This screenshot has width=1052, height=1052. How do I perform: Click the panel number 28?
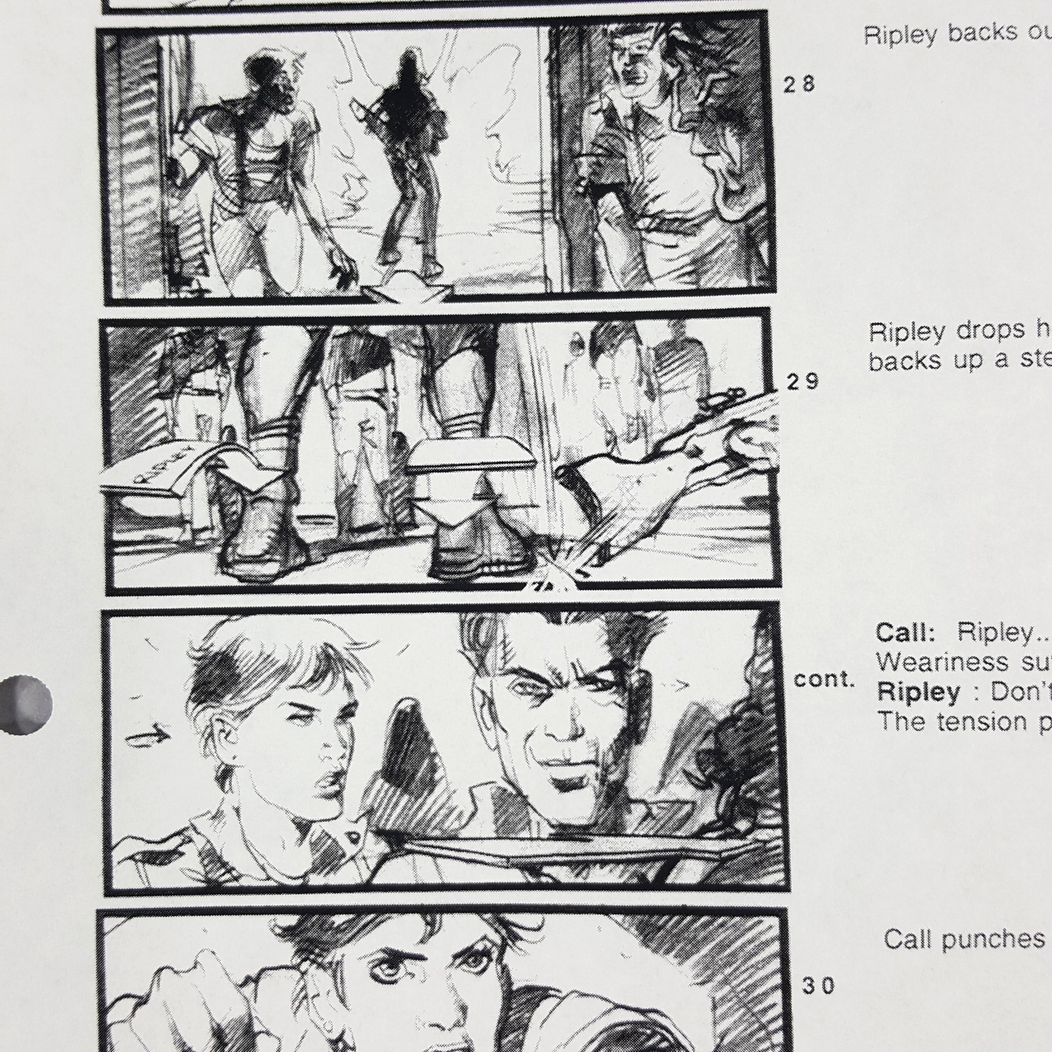coord(799,84)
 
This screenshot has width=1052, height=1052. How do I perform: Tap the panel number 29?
coord(803,381)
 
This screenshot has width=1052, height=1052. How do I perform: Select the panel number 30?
coord(819,986)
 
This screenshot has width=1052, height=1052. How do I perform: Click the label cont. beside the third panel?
coord(824,680)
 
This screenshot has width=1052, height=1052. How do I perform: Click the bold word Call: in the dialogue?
coord(905,633)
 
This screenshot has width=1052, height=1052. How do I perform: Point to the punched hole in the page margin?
coord(26,704)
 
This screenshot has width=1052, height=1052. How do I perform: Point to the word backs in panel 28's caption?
coord(976,33)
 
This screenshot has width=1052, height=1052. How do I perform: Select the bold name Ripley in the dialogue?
coord(919,692)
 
